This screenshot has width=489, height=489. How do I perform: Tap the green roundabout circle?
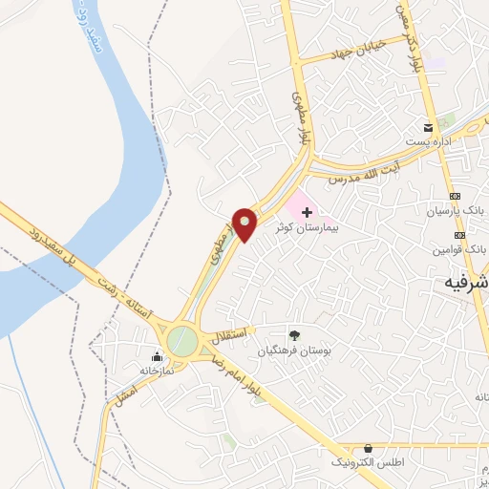[x=182, y=340]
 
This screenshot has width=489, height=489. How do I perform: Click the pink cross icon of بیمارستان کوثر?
[x=306, y=211]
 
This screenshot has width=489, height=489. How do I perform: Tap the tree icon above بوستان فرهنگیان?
[x=293, y=335]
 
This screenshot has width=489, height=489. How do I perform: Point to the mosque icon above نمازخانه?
[x=157, y=357]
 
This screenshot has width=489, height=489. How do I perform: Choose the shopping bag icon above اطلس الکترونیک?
[x=369, y=448]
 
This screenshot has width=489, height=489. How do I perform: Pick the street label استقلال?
[x=232, y=333]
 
